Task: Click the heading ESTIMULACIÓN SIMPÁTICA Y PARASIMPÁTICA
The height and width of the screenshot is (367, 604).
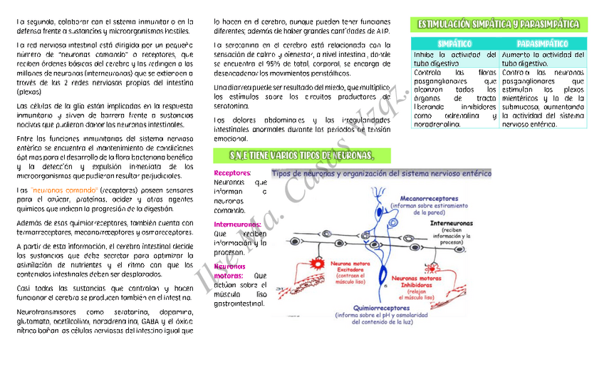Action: pos(498,25)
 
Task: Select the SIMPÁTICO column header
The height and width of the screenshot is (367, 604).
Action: pos(454,44)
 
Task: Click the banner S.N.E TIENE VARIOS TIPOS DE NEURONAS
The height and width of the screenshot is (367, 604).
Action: pos(303,155)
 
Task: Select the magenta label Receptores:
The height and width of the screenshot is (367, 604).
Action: pos(232,172)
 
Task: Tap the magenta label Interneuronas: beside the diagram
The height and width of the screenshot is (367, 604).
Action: pos(237,224)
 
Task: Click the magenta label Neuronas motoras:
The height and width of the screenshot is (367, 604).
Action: pos(229,270)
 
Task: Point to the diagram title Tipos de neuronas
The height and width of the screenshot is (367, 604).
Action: pos(381,173)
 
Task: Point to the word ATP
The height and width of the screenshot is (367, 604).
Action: pos(382,31)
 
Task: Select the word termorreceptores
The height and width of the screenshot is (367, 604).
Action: pos(42,232)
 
